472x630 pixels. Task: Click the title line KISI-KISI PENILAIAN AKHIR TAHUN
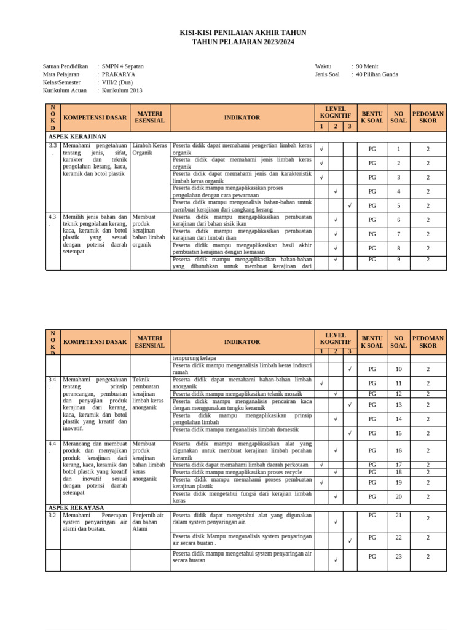point(242,33)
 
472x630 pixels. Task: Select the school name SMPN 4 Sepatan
point(123,66)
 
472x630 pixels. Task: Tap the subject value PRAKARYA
point(119,74)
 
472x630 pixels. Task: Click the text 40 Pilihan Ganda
point(377,74)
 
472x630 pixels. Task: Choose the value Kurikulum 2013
point(122,90)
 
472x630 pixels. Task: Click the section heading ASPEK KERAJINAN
point(77,136)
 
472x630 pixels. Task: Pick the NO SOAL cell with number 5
point(398,205)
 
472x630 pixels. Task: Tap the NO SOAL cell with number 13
point(398,405)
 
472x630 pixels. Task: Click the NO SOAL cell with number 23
point(398,556)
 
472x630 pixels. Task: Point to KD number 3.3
point(53,146)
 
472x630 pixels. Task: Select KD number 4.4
point(53,444)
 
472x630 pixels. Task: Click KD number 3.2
point(53,516)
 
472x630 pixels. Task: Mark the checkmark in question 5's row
point(349,205)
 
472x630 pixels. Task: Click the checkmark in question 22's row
point(349,541)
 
